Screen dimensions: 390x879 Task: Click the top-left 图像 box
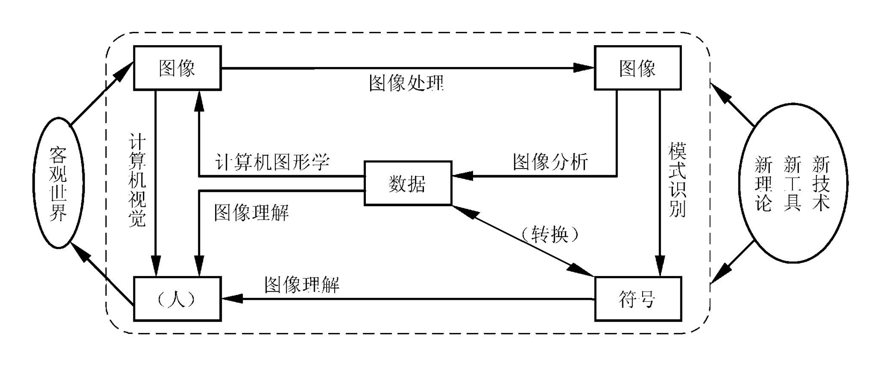[x=177, y=68]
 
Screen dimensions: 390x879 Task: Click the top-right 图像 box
[x=637, y=68]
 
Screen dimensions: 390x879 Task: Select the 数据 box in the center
[x=408, y=183]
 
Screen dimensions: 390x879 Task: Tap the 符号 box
[x=637, y=299]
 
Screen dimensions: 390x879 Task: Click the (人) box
[x=177, y=299]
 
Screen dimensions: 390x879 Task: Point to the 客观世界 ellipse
[x=58, y=183]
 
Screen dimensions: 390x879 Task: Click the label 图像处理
[x=406, y=83]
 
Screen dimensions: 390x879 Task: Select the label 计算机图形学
[x=272, y=161]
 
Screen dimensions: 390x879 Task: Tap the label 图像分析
[x=550, y=161]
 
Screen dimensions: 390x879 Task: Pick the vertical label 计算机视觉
[x=137, y=180]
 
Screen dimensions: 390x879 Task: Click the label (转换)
[x=550, y=235]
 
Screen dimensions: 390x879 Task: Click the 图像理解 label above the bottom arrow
[x=302, y=285]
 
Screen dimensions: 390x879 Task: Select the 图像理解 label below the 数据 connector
[x=251, y=213]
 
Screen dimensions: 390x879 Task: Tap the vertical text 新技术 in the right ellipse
[x=821, y=183]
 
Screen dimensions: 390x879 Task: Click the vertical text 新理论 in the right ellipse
[x=763, y=183]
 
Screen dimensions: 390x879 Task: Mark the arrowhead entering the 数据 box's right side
[x=462, y=176]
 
